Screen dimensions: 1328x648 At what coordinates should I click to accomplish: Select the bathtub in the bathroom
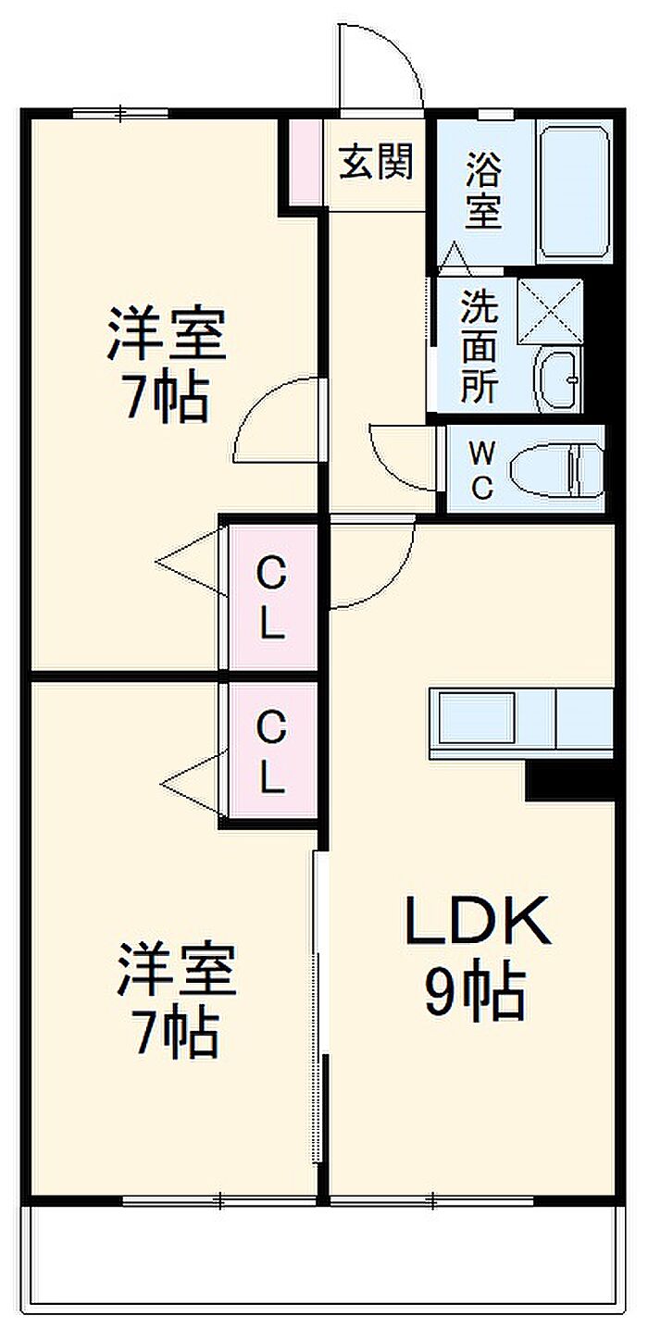pos(574,192)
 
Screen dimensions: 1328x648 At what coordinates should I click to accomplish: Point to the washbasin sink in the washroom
pos(558,379)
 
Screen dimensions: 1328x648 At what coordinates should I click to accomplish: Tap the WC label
pos(481,469)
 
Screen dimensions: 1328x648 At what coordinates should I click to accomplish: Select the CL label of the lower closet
pos(270,753)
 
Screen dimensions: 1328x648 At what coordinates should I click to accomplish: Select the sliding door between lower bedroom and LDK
pos(319,962)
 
